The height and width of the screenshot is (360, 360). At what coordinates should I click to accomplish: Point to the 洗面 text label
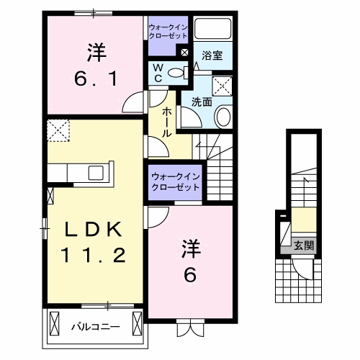[202, 102]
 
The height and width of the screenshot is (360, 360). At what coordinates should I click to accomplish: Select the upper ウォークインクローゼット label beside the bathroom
[167, 30]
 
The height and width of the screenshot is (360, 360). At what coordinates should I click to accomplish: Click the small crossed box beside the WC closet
[184, 53]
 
